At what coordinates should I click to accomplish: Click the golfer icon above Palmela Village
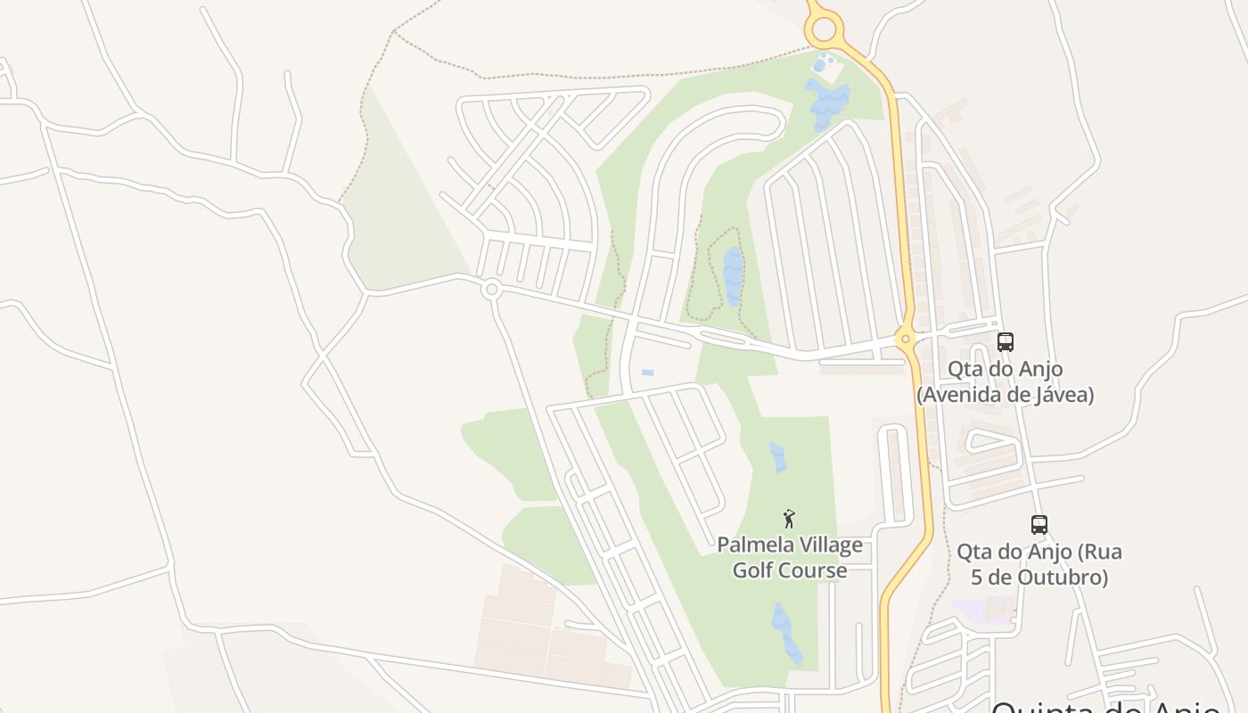(x=788, y=518)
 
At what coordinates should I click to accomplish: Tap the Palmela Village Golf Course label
(x=790, y=557)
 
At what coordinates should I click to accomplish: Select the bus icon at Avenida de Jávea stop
(x=1005, y=341)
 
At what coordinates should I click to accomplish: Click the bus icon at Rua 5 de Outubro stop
(x=1039, y=524)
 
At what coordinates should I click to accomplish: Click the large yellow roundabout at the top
(x=824, y=29)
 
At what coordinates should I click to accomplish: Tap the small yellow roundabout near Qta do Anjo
(x=905, y=338)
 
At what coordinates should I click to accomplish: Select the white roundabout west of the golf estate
(x=490, y=289)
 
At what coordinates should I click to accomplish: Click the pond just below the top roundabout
(x=825, y=102)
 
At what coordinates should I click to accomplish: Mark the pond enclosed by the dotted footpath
(x=733, y=275)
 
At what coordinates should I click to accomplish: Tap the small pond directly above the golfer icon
(x=777, y=456)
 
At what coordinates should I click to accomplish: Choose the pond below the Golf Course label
(x=786, y=633)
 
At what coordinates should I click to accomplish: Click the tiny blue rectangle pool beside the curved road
(x=647, y=372)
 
